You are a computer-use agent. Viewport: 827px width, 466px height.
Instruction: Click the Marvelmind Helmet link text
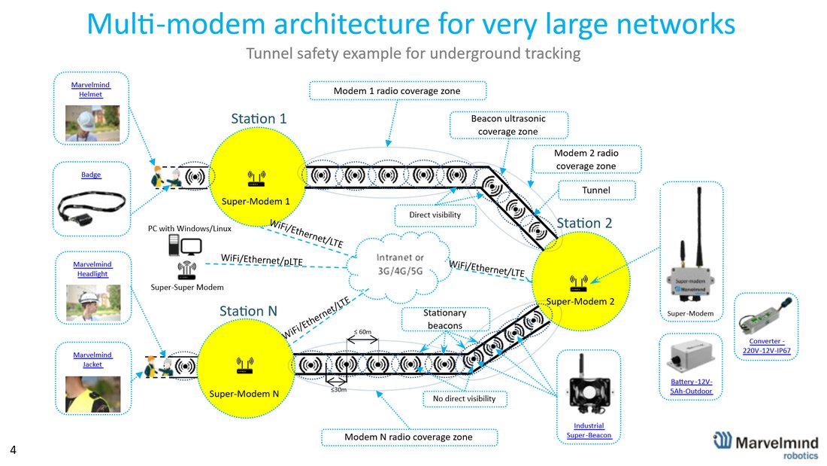pos(91,90)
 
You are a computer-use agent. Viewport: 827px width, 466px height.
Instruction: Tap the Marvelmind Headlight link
pos(92,269)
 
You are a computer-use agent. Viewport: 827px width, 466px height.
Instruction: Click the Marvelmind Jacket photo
pos(92,394)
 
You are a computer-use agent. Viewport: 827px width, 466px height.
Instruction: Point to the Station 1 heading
pos(259,118)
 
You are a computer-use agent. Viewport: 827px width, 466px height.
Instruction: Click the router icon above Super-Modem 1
pos(257,178)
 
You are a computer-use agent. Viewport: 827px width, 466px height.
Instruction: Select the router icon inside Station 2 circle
pos(579,283)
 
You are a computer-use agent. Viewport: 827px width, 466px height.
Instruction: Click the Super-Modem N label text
pos(244,394)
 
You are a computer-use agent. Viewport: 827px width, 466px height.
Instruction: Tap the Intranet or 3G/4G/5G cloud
pos(399,265)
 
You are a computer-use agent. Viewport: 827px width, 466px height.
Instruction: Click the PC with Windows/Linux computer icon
pos(185,245)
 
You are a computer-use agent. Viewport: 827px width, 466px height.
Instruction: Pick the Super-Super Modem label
pos(187,288)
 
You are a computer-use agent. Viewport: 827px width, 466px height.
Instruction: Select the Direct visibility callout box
pos(435,215)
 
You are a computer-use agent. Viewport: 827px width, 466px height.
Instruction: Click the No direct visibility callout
pos(464,399)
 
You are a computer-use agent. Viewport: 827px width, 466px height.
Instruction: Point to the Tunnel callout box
pos(596,190)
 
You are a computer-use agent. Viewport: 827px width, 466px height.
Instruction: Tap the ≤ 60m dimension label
pos(362,332)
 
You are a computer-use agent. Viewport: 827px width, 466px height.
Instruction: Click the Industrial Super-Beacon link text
pos(589,430)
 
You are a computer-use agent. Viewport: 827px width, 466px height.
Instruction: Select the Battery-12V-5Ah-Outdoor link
pos(691,386)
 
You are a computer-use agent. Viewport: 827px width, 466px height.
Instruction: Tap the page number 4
pos(14,450)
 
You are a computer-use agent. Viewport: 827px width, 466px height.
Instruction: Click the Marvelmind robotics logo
pos(766,445)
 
